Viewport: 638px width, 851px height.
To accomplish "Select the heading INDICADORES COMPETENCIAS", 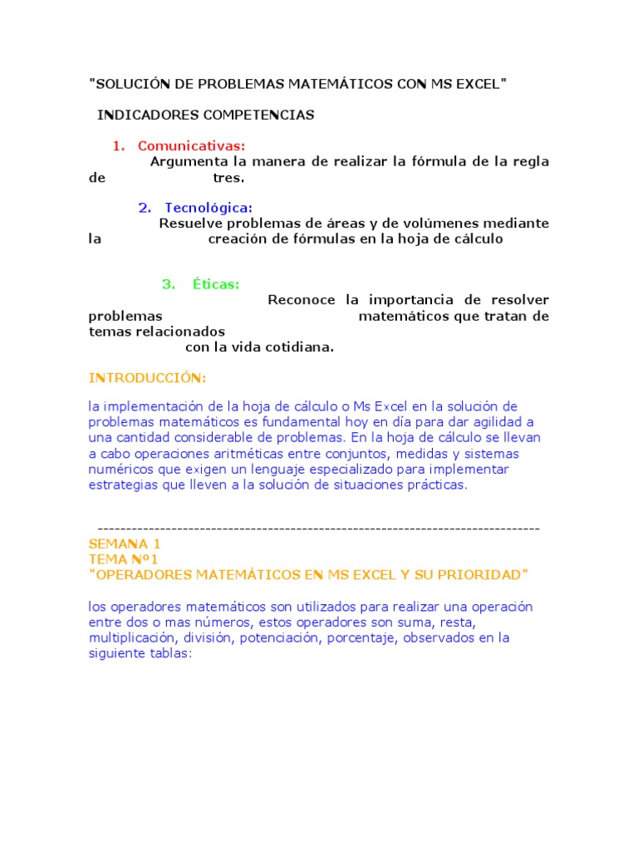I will coord(206,116).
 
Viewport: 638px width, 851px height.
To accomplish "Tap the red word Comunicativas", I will coord(192,146).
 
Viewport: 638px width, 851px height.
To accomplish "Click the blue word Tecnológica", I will coord(209,208).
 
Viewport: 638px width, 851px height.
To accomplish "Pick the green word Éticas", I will coord(216,284).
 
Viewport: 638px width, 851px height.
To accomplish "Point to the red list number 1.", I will coord(117,146).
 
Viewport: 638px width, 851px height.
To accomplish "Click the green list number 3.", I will coord(169,284).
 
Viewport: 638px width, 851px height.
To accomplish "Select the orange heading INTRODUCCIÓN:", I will coord(147,378).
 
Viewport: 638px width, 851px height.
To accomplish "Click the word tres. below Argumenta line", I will coord(228,177).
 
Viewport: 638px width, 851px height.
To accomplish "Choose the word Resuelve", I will coord(189,224).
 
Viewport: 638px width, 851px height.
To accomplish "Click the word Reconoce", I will coord(302,300).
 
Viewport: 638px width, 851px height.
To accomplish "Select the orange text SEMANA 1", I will coord(125,544).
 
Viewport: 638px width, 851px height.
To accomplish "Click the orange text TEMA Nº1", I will coord(123,559).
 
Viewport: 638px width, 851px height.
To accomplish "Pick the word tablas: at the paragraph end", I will coord(169,653).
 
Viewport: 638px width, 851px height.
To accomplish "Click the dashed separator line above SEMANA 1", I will coord(318,529).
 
